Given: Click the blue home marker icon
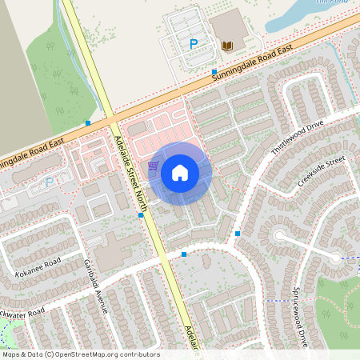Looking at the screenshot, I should (x=180, y=173).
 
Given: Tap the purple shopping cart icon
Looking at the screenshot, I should (x=152, y=166).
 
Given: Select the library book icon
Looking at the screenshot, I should (x=227, y=46).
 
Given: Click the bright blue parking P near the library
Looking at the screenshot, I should (x=193, y=45).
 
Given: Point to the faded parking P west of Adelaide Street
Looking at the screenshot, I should (x=49, y=182).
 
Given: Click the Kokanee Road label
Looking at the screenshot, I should (x=38, y=263).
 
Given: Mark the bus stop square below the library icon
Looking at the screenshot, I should (x=214, y=72).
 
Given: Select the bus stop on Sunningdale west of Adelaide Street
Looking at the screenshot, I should (x=88, y=123).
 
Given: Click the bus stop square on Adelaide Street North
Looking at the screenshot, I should (x=141, y=214).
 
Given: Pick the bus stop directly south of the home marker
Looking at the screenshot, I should (x=184, y=254).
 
